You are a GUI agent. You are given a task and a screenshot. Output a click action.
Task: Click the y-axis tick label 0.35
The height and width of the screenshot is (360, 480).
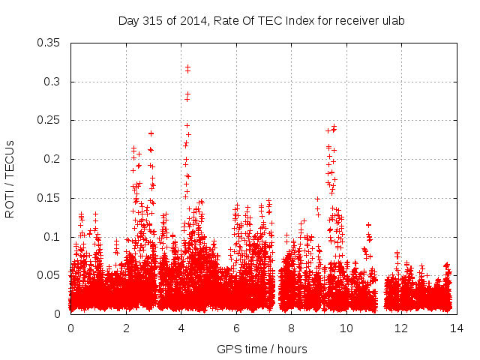pos(50,43)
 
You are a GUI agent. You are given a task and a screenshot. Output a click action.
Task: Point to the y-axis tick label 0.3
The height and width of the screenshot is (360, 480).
pos(53,82)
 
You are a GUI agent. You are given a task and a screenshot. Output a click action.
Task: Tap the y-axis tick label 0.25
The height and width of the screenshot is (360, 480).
pos(50,120)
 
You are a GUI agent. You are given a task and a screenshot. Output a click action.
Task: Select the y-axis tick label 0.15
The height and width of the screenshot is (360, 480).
pos(50,198)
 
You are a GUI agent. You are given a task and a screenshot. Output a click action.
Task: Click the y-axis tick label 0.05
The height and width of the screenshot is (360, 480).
pos(50,275)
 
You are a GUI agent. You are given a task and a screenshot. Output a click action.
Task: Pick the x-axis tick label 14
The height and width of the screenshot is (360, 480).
pos(457,328)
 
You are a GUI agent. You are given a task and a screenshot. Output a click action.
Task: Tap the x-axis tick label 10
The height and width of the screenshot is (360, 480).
pos(346,328)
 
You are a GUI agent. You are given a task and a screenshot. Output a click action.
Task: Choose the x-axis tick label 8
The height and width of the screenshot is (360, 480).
pos(291,328)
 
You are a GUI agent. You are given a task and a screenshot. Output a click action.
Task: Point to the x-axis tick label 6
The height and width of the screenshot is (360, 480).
pos(236,328)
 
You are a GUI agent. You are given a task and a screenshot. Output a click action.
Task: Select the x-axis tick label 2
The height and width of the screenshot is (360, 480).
pos(126,328)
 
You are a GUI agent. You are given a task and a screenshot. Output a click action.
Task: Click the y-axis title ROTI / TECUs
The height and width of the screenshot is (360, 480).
pos(10,178)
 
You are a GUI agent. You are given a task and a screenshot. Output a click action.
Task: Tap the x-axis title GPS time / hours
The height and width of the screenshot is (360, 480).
pos(262,349)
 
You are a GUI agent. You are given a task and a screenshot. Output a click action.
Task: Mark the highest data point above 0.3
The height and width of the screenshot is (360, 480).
pos(187,67)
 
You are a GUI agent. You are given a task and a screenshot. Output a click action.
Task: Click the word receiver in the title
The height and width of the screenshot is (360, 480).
pos(355,21)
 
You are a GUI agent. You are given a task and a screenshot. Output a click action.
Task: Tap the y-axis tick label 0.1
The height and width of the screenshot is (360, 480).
pos(53,237)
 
